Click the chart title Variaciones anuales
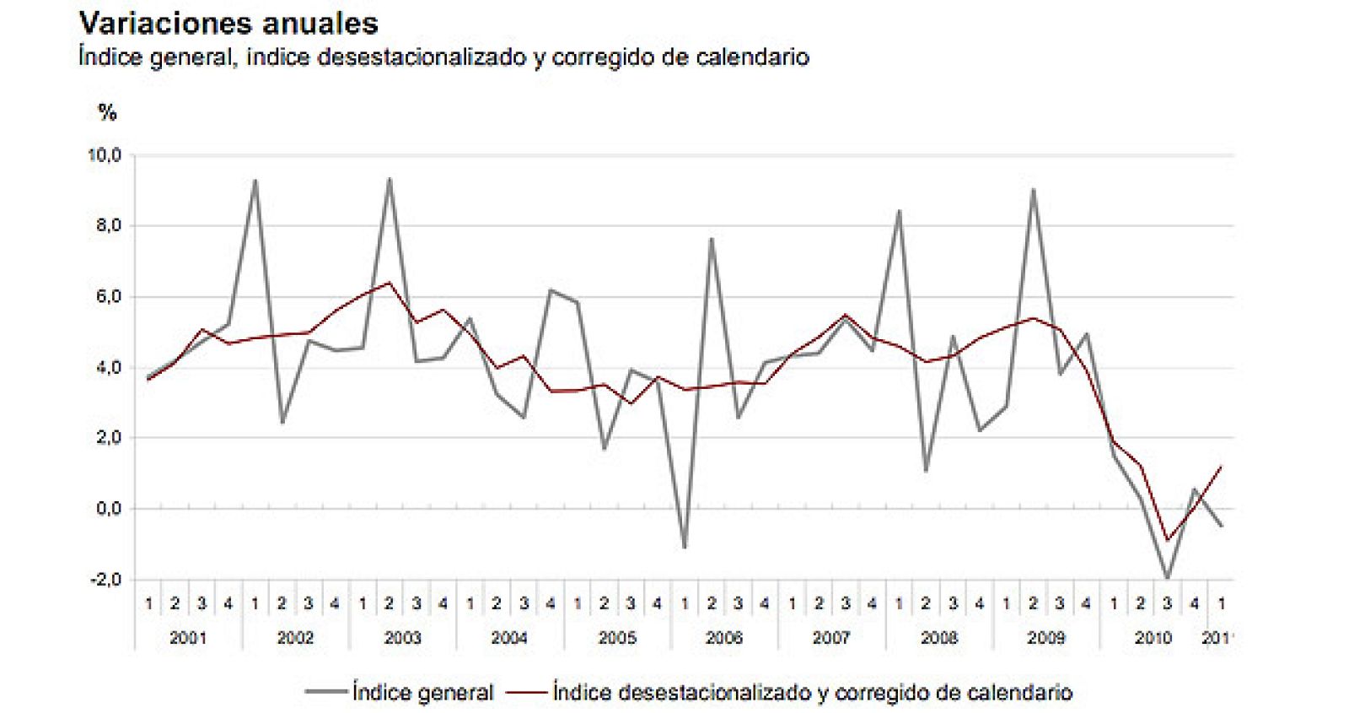tap(228, 23)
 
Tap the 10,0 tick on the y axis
tap(105, 155)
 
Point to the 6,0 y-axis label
tap(107, 297)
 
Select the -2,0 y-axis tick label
tap(105, 580)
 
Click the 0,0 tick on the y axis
tap(107, 509)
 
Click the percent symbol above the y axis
tap(107, 112)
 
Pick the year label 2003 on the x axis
tap(402, 638)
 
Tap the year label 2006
tap(723, 638)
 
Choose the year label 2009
tap(1045, 638)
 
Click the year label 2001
tap(187, 638)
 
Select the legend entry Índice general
tap(422, 693)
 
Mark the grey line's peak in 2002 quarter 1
tap(255, 181)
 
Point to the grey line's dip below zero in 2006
tap(684, 547)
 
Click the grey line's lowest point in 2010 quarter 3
tap(1168, 578)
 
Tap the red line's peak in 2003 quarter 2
tap(389, 283)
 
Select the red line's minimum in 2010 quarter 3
tap(1168, 540)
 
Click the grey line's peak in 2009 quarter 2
tap(1033, 190)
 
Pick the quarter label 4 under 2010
tap(1194, 604)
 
